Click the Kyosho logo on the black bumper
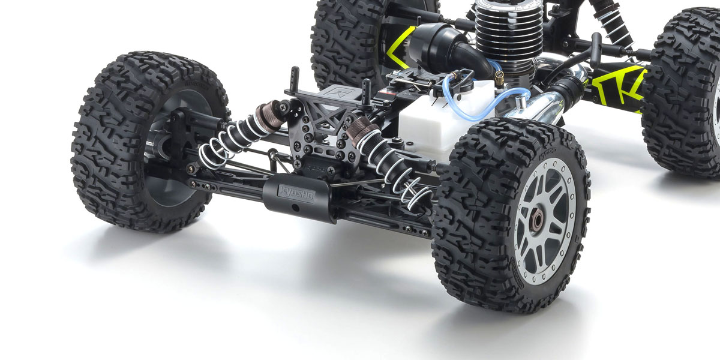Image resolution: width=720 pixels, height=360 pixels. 295,190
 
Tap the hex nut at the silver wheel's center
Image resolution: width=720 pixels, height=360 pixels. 536,220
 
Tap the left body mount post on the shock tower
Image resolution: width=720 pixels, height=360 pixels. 295,81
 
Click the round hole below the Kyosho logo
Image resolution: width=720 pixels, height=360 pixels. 295,208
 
